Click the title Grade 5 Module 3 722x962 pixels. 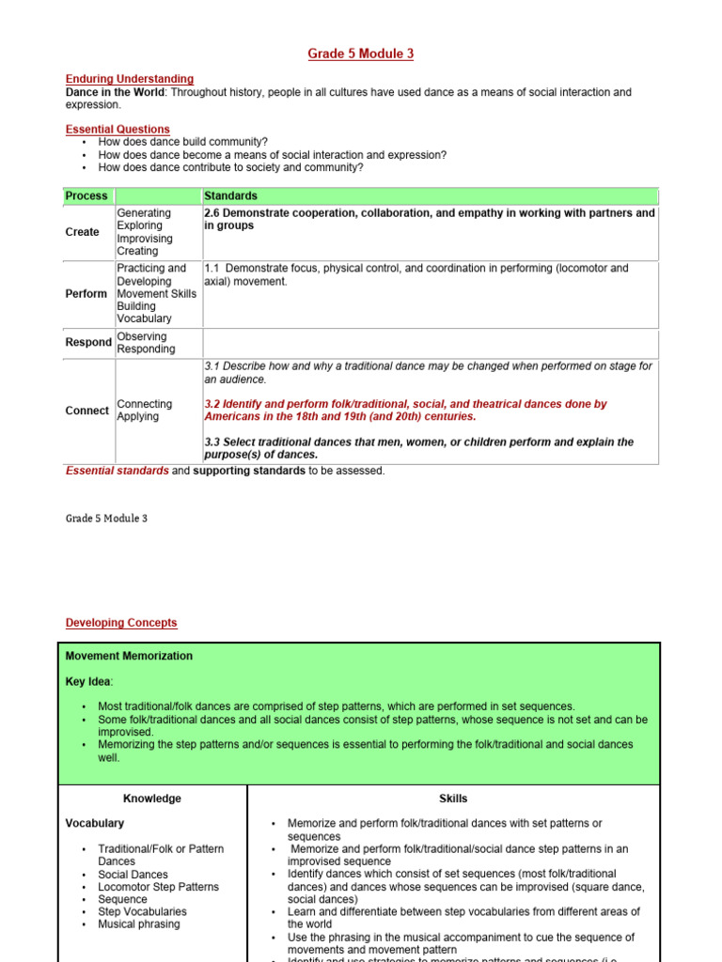coord(360,54)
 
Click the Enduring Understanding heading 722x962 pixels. coord(130,80)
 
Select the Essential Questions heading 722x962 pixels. coord(118,130)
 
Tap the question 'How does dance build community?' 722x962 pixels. coord(182,142)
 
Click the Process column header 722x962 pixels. coord(86,196)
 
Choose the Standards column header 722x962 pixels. coord(230,196)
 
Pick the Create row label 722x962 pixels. coord(82,232)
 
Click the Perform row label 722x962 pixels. coord(86,294)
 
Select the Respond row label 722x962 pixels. coord(88,343)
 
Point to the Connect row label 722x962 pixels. coord(86,411)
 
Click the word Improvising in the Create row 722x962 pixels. coord(145,239)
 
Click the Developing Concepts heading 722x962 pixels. coord(121,623)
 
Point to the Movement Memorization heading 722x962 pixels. coord(129,656)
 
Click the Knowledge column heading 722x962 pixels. coord(152,799)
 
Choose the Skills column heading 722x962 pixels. coord(453,799)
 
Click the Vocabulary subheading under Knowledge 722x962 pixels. coord(94,823)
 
